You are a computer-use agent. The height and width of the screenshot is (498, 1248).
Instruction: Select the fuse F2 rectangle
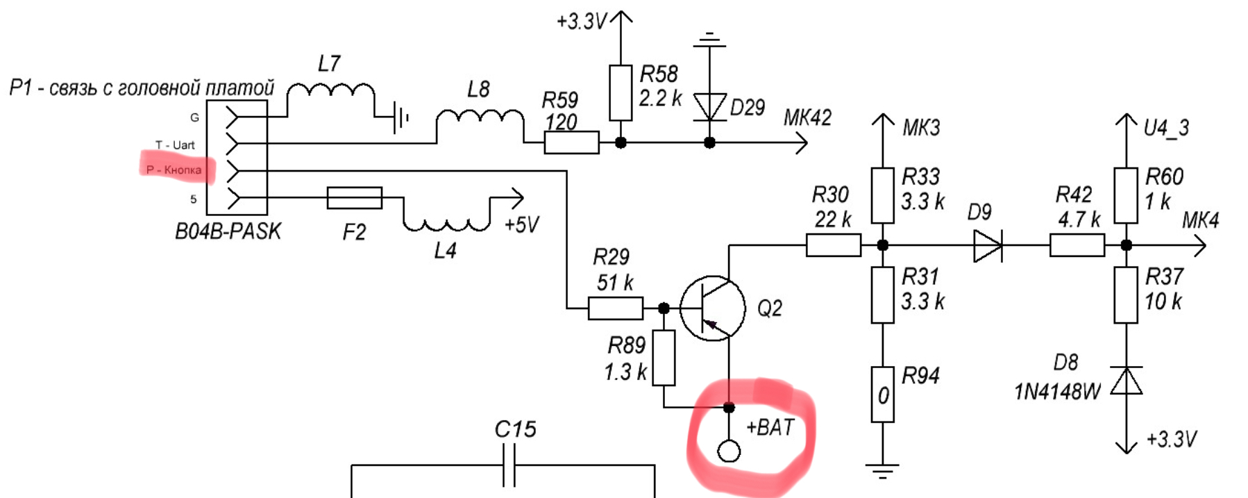click(354, 198)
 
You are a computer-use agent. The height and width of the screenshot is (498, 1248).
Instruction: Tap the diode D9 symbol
click(987, 245)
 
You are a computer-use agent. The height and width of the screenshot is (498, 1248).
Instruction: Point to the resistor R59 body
click(571, 142)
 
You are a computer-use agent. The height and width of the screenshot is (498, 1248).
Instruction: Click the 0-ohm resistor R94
click(882, 395)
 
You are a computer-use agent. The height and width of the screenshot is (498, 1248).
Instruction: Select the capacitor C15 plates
click(509, 465)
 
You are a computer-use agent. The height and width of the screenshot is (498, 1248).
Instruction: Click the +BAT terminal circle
click(729, 451)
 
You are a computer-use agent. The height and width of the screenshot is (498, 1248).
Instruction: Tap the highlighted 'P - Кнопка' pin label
click(174, 169)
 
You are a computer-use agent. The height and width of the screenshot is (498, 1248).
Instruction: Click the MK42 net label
click(807, 118)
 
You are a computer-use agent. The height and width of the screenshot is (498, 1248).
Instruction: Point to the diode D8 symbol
click(1126, 381)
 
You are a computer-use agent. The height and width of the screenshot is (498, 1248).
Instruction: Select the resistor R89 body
click(664, 358)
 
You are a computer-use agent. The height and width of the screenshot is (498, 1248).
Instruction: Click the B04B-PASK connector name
click(228, 231)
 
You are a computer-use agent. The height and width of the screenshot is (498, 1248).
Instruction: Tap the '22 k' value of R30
click(832, 219)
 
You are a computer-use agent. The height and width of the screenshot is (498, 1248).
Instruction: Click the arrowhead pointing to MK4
click(1199, 245)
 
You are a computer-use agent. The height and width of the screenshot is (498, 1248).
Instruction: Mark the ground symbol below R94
click(882, 472)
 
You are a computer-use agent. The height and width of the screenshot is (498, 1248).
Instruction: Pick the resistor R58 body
click(621, 93)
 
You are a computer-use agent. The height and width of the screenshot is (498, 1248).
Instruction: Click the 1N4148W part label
click(1057, 392)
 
